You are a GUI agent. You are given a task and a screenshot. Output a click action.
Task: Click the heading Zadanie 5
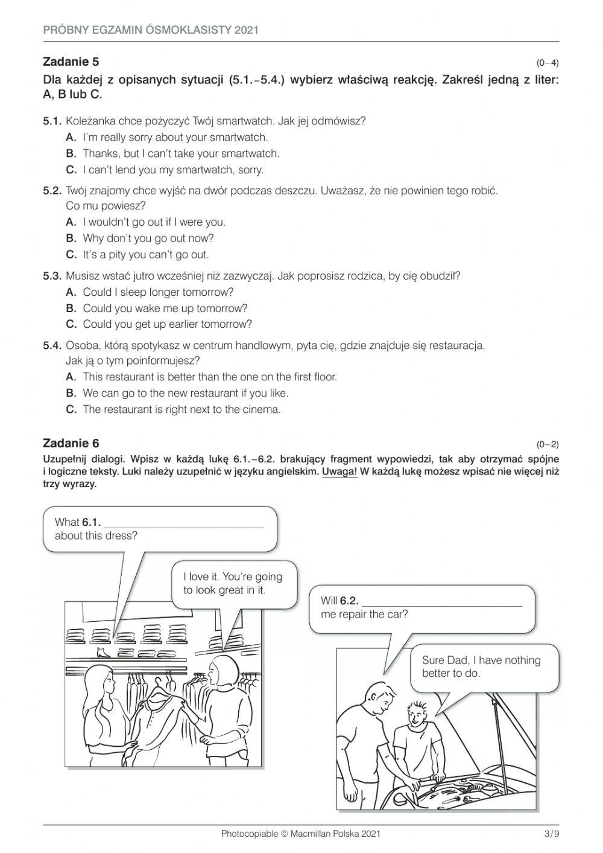point(71,62)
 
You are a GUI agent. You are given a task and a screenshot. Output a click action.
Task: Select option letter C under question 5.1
point(71,170)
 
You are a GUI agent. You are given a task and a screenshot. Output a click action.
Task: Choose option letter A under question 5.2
point(71,222)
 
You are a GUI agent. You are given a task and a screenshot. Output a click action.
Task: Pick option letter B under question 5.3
point(71,308)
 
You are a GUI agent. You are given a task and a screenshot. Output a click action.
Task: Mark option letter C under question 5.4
point(71,409)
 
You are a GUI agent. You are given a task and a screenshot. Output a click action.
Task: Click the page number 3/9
point(551,834)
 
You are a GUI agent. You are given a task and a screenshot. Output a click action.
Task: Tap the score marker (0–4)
point(548,63)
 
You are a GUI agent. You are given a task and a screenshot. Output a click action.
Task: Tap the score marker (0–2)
point(548,445)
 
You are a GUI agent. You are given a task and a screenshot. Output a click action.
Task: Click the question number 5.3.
point(52,276)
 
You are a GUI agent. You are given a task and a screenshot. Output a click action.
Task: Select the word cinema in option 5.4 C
point(265,409)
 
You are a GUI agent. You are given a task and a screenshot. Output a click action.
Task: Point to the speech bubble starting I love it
point(233,583)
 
